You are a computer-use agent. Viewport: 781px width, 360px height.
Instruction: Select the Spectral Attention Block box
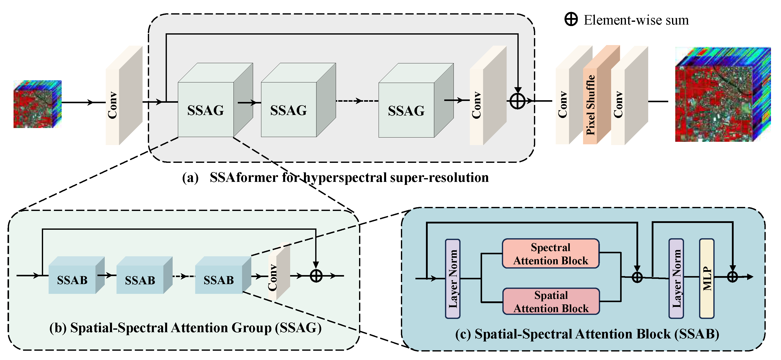click(x=550, y=254)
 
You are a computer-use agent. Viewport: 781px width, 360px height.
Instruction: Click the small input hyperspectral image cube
click(x=37, y=104)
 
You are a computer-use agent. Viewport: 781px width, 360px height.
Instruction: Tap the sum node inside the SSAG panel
click(x=316, y=276)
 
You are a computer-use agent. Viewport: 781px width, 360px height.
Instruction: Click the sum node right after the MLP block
click(x=732, y=277)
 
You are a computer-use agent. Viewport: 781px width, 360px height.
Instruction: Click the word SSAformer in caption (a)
click(x=244, y=178)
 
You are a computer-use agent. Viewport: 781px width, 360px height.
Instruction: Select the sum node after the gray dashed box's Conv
click(x=517, y=101)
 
